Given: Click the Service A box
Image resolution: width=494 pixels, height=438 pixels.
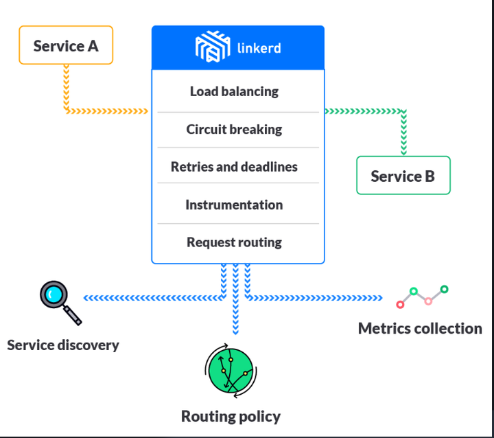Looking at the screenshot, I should click(66, 46).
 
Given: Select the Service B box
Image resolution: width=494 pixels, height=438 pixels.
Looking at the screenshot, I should click(403, 176).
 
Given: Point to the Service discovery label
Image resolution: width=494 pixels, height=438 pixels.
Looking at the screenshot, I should click(63, 345).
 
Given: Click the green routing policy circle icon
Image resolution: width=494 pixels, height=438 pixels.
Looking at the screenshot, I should click(231, 371).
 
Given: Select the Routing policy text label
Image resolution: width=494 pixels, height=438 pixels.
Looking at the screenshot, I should click(231, 416).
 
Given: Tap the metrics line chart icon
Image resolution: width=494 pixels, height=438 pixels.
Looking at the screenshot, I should click(423, 297).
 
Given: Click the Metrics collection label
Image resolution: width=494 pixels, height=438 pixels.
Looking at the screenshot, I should click(420, 328).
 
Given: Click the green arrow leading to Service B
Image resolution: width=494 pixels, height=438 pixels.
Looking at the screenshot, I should click(364, 111).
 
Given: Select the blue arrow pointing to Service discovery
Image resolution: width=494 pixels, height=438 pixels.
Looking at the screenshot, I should click(151, 298).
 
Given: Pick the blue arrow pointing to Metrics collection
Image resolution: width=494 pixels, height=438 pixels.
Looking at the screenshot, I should click(316, 298).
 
